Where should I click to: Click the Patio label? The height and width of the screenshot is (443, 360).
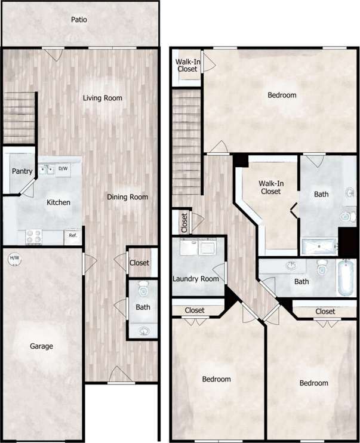tap(79, 20)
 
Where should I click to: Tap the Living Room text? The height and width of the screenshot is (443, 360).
tap(103, 98)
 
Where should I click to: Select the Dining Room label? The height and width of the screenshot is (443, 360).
tap(127, 197)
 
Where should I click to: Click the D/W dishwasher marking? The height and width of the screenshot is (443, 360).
tap(63, 169)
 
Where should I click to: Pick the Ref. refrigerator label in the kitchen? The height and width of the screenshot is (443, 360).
tap(73, 235)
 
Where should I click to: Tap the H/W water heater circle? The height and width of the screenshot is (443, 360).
tap(13, 259)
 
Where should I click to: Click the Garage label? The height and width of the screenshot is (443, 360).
tap(42, 346)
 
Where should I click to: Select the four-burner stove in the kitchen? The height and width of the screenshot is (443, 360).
tap(33, 237)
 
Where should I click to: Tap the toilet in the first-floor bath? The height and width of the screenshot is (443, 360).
tap(143, 291)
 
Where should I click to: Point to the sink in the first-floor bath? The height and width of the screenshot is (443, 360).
tap(143, 331)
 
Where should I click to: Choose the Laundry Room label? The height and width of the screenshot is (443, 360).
tap(195, 279)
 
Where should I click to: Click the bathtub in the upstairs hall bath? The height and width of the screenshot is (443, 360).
tap(346, 278)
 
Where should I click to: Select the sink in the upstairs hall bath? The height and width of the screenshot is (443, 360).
tap(291, 266)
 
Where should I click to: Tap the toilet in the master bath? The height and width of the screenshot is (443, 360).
tap(347, 216)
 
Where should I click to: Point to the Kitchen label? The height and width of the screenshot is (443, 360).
tap(59, 202)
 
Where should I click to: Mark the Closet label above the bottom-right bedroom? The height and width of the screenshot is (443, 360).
tap(325, 311)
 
